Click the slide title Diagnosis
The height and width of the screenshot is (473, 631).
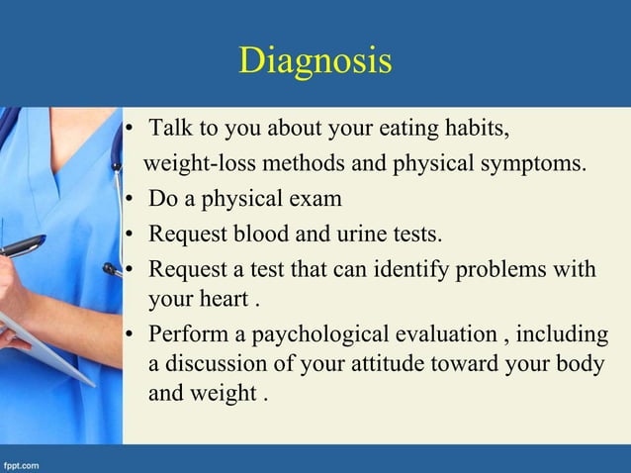coord(315,60)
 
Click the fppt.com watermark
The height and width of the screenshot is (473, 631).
coord(21,463)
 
